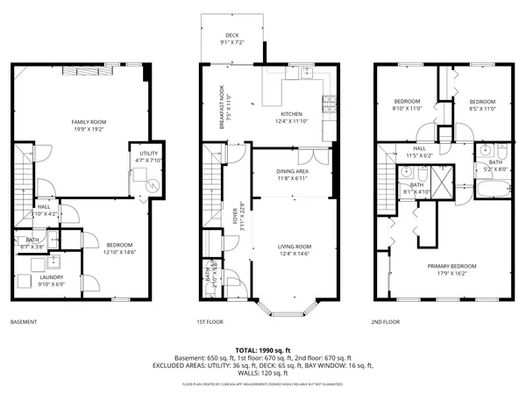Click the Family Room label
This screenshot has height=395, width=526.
pyautogui.click(x=88, y=125)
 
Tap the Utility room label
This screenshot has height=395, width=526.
pyautogui.click(x=147, y=157)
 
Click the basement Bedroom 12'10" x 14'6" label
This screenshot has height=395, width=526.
pyautogui.click(x=119, y=248)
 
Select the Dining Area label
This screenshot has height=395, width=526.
pyautogui.click(x=292, y=175)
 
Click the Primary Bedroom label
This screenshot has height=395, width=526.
pyautogui.click(x=451, y=269)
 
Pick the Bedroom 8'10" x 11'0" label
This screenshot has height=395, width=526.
pyautogui.click(x=406, y=104)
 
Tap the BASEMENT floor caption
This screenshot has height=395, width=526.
pyautogui.click(x=24, y=322)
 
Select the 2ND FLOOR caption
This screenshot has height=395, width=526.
pyautogui.click(x=385, y=322)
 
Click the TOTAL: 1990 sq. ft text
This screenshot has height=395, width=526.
pyautogui.click(x=262, y=350)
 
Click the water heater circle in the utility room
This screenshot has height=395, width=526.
pyautogui.click(x=153, y=185)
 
